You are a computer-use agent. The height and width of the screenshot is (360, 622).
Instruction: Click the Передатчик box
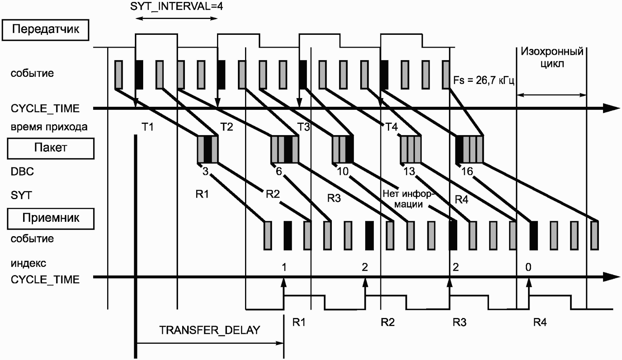coord(45,30)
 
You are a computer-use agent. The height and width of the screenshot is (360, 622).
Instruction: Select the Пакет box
coord(50,148)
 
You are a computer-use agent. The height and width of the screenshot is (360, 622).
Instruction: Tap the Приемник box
coord(50,218)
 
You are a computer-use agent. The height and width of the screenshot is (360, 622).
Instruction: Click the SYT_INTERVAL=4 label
coord(177,6)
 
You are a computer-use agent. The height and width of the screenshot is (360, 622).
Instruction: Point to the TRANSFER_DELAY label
coord(209,330)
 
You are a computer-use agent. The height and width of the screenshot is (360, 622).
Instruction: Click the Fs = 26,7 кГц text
coord(484,80)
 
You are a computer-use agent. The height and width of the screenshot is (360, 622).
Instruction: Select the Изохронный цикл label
coord(552,58)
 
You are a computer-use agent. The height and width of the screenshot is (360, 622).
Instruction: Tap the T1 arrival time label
coord(147,127)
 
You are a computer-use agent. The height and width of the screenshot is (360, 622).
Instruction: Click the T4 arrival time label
coord(391,127)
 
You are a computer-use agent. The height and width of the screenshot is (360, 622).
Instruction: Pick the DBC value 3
coord(205,171)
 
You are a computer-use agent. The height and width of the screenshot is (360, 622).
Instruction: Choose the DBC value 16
coord(467,171)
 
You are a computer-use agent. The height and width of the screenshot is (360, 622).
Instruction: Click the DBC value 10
coord(342,171)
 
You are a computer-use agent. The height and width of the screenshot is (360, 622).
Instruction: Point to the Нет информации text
coord(407,199)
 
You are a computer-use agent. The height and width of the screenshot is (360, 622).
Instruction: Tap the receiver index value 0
coord(528,267)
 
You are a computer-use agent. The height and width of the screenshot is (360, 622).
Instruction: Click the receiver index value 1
coord(284,267)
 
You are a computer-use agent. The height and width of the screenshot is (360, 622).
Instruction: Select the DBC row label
coord(22,171)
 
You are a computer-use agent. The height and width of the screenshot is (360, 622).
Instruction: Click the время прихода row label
coord(49,127)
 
